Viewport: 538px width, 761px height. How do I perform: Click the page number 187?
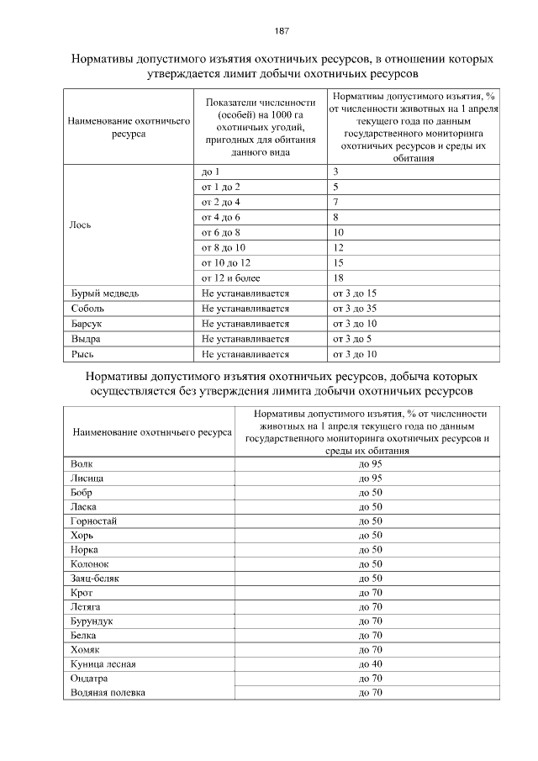pos(282,31)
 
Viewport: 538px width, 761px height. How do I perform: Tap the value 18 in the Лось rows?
pos(338,278)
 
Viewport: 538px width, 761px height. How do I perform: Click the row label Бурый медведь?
pos(99,293)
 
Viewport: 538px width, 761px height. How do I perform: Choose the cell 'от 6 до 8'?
pos(221,233)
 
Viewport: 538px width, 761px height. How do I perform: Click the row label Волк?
pos(82,464)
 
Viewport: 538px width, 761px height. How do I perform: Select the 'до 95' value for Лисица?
pos(370,478)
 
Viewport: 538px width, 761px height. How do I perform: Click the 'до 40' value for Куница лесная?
pos(370,664)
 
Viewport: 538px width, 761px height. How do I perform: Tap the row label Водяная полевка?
pos(108,693)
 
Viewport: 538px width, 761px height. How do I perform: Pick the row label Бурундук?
pos(92,621)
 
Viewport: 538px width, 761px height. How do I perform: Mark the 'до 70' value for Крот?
pos(370,593)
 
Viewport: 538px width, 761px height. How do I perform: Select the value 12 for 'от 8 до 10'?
pos(338,248)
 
